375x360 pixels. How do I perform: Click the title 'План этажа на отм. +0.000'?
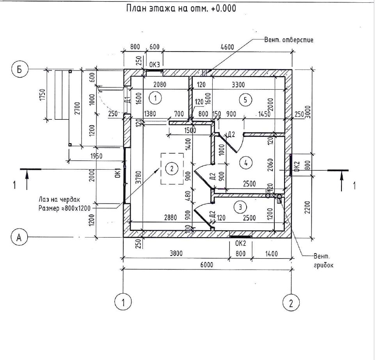181,8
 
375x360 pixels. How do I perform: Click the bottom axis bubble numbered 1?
123,301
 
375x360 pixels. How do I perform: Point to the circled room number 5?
245,100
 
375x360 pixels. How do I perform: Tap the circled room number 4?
245,163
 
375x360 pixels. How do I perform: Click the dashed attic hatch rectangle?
172,168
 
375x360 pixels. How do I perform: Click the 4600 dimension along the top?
227,47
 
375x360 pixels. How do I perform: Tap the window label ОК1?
117,173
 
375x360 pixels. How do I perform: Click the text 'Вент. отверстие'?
289,40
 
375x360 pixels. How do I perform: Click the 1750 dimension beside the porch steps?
42,95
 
